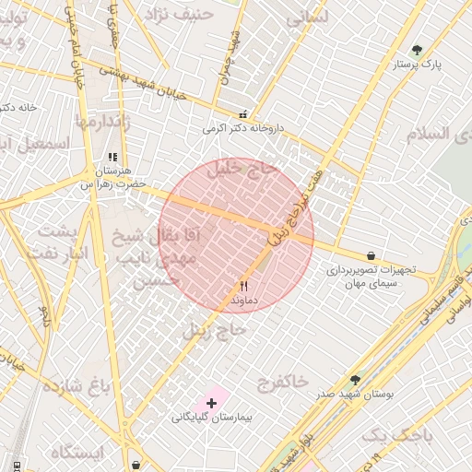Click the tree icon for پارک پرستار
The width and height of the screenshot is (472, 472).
[x=417, y=50]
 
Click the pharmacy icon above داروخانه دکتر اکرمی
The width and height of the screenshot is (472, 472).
[x=242, y=114]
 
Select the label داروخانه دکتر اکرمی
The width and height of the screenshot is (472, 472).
[x=241, y=129]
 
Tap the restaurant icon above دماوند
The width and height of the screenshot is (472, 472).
[x=243, y=286]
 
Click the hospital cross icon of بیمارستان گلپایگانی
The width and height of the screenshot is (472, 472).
[x=212, y=403]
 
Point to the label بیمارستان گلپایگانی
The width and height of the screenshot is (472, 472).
[x=218, y=418]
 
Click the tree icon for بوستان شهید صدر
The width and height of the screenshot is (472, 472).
[x=355, y=379]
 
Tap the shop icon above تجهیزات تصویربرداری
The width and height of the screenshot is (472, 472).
[x=371, y=255]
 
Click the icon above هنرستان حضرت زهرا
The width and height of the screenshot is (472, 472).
[x=112, y=158]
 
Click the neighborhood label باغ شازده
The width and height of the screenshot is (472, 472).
[x=75, y=384]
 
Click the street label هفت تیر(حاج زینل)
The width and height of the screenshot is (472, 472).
[x=297, y=207]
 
